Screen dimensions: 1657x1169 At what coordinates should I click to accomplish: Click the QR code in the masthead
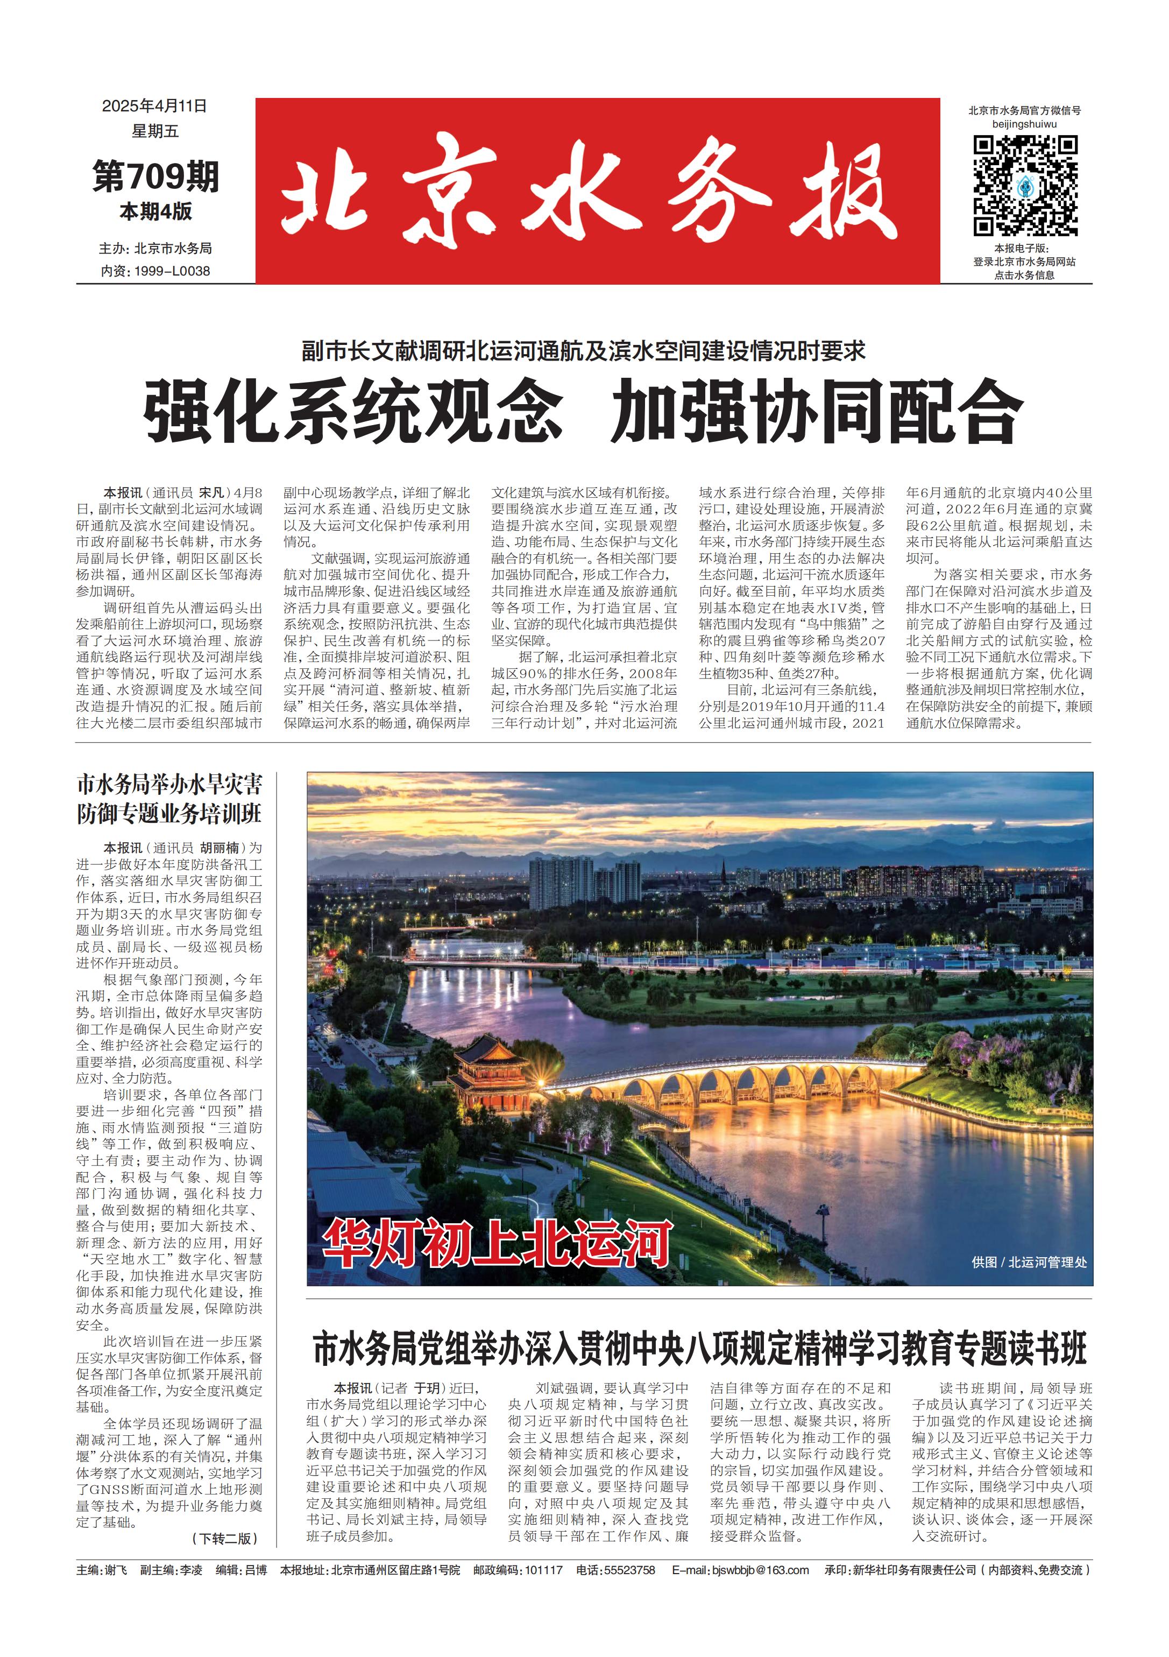(1025, 186)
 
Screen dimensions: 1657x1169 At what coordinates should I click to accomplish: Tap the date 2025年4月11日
(154, 106)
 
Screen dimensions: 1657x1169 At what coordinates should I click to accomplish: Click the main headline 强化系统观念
(353, 411)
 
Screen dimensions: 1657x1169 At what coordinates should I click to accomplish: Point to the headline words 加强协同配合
(816, 411)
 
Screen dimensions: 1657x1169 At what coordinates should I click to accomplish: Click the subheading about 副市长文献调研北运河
(583, 351)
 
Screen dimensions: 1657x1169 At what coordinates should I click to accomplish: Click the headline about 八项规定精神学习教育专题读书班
(699, 1348)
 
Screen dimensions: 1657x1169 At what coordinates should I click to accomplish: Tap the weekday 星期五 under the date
(154, 131)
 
